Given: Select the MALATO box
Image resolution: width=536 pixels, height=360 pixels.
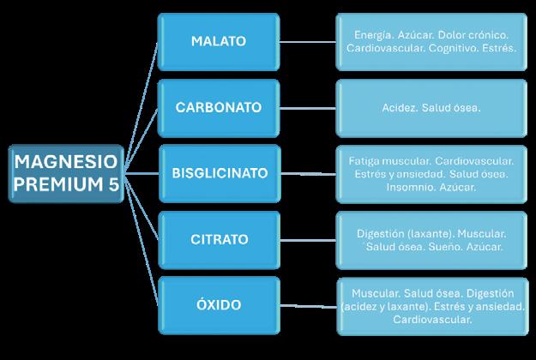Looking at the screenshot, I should tap(218, 41).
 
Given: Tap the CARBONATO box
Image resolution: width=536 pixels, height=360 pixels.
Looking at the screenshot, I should tap(218, 108).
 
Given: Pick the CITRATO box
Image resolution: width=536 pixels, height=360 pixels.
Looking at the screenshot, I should tap(218, 239).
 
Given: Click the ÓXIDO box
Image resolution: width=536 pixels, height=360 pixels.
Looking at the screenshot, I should tap(218, 304).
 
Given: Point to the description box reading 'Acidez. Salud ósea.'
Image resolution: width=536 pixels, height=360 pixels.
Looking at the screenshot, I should tap(431, 109).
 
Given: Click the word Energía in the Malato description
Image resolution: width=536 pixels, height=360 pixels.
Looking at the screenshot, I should tap(373, 35).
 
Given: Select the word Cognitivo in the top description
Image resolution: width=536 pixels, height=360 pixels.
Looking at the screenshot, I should tap(449, 49).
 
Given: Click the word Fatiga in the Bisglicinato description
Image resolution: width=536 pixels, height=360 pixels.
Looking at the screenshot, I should tap(366, 160).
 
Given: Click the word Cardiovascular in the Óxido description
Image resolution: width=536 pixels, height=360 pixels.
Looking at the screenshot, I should tap(432, 319).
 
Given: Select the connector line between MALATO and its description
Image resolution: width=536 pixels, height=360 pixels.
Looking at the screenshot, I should tap(307, 41).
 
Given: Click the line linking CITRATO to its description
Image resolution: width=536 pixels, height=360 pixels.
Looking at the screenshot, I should tap(307, 239).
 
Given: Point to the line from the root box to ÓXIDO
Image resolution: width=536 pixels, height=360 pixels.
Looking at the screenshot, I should tap(141, 249).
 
